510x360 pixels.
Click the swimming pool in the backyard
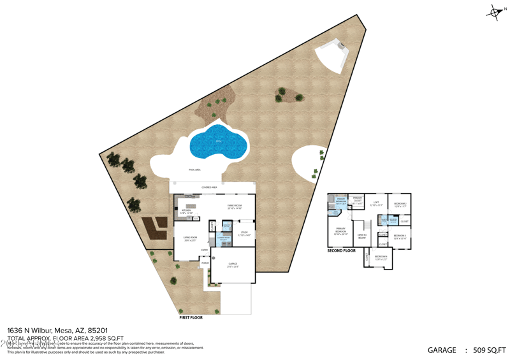click(217, 141)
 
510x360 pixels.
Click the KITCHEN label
click(186, 210)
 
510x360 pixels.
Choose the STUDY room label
click(244, 233)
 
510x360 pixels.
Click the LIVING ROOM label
click(190, 238)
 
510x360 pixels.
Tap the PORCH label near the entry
click(205, 263)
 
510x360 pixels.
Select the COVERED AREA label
click(209, 187)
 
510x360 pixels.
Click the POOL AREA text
click(194, 169)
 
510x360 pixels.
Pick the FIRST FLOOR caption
click(191, 317)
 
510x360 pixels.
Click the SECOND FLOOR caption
click(341, 250)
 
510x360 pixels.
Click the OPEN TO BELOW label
click(361, 236)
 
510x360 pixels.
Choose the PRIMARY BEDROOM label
click(340, 231)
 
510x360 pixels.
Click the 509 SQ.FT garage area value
click(490, 350)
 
